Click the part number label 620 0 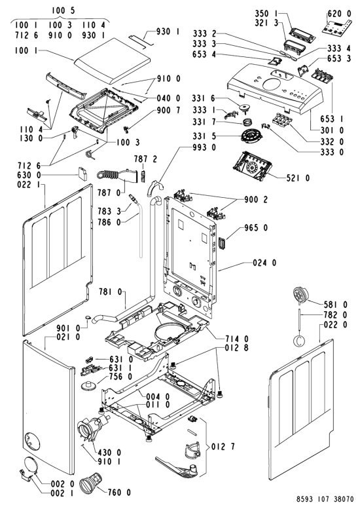[339, 14]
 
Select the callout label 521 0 [298, 178]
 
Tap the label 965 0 [256, 228]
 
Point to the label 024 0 [264, 263]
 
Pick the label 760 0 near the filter [119, 493]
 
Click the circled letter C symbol [298, 341]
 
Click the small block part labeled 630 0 [82, 174]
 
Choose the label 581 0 [335, 305]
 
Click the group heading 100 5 [63, 10]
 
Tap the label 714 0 [237, 339]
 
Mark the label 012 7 [223, 447]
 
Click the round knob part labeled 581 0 [300, 296]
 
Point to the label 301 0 [332, 130]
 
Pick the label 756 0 [121, 377]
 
